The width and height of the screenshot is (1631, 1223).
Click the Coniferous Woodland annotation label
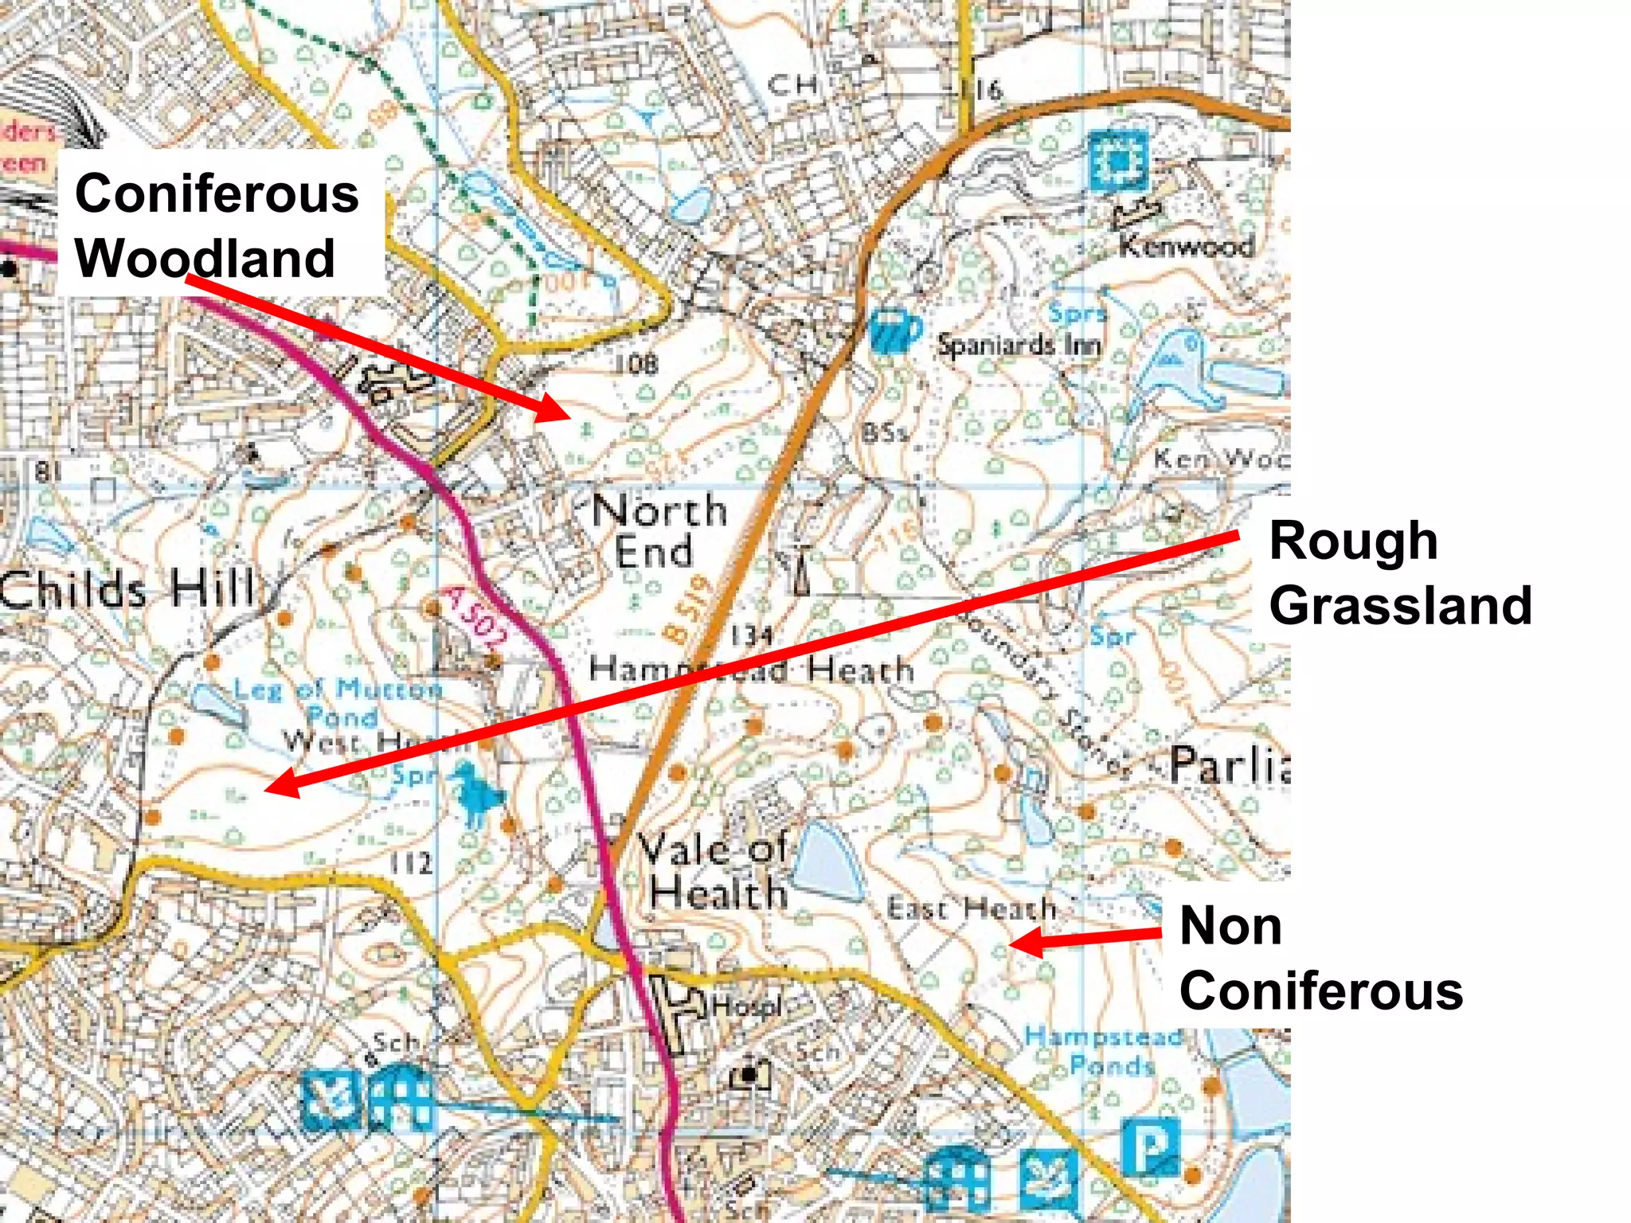[x=217, y=225]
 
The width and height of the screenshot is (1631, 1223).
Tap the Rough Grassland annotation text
[x=1399, y=572]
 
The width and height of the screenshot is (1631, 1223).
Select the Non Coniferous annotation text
[x=1320, y=958]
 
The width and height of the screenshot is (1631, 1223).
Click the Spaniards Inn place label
[x=1019, y=345]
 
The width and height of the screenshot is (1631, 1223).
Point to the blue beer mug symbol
[x=894, y=330]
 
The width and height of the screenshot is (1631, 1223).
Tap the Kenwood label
[x=1187, y=246]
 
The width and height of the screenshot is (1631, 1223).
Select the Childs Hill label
[x=127, y=589]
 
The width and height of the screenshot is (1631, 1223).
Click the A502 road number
[x=475, y=617]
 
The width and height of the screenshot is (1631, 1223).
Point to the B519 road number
[x=686, y=609]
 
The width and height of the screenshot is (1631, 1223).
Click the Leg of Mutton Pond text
[x=338, y=701]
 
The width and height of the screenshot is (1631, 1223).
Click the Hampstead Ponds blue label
[x=1103, y=1050]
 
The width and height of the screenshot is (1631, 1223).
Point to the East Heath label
[x=971, y=908]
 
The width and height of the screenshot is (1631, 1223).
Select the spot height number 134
[x=751, y=635]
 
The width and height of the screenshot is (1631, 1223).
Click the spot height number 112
[x=412, y=863]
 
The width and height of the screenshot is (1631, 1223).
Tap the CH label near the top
[x=792, y=84]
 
